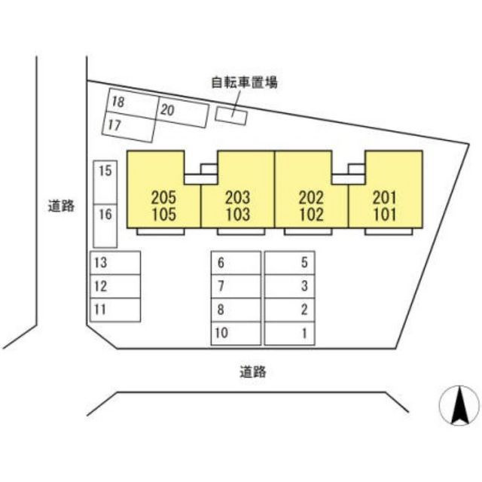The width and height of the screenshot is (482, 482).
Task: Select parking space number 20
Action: tap(183, 112)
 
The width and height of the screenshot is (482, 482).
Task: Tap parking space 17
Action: tap(128, 127)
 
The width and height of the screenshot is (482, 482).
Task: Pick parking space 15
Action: tap(105, 182)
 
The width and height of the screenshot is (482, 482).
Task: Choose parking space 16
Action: tap(105, 226)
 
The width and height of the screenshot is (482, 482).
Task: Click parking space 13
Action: tap(115, 263)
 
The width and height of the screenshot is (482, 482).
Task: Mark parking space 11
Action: tap(115, 310)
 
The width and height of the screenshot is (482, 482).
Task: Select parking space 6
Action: tap(236, 263)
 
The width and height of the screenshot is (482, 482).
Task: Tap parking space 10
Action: tap(236, 333)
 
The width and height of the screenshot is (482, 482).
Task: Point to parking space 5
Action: tap(289, 263)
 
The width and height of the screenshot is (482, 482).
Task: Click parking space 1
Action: tap(289, 333)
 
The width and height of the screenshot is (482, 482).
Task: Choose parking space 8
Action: tap(236, 310)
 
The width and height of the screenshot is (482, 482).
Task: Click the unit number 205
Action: tap(164, 197)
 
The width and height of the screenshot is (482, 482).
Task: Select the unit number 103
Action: tap(238, 215)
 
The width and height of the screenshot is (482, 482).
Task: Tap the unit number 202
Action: tap(311, 197)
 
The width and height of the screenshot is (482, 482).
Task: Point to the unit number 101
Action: tap(385, 215)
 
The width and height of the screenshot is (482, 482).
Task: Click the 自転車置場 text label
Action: tap(244, 82)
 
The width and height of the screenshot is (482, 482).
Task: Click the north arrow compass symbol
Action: tap(459, 405)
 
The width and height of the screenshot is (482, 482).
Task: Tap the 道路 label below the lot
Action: tap(253, 371)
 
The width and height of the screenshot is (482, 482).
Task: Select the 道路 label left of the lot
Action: tap(61, 206)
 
